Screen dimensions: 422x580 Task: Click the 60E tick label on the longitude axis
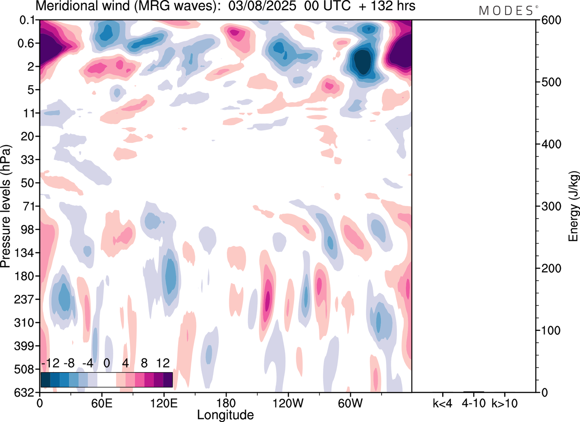[x=102, y=402]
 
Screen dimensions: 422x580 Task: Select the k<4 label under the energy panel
[x=442, y=402]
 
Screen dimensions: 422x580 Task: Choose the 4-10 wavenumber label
[x=474, y=402]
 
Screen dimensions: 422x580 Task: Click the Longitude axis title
[x=225, y=414]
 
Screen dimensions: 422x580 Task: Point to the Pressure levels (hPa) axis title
[x=6, y=206]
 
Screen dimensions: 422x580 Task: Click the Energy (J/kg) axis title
[x=574, y=206]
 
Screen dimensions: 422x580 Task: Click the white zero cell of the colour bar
[x=107, y=379]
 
